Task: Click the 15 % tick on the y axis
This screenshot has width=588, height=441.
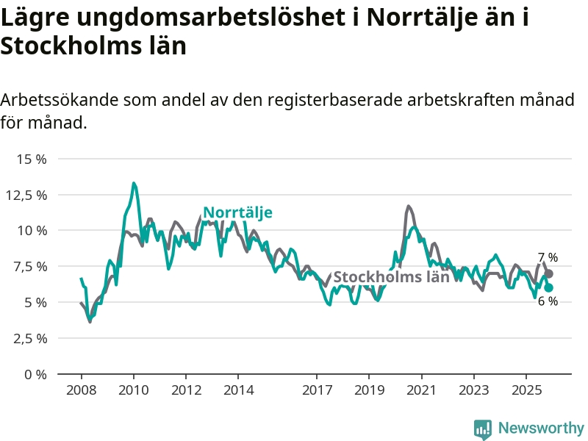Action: click(x=32, y=159)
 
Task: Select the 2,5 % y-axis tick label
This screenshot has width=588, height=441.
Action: click(x=30, y=338)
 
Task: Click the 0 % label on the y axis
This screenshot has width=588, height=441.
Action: click(x=35, y=374)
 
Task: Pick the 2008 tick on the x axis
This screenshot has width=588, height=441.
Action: click(x=81, y=389)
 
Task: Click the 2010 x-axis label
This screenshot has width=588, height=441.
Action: click(x=133, y=389)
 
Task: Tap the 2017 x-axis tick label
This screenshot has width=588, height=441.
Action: click(x=317, y=389)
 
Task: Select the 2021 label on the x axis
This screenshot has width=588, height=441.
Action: click(x=421, y=389)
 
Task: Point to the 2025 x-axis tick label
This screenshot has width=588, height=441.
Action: click(x=526, y=389)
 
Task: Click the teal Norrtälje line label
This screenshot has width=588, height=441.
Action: click(x=237, y=213)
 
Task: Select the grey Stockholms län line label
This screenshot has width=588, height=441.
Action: click(x=391, y=277)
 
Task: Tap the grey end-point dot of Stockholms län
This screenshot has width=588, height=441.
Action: click(x=548, y=273)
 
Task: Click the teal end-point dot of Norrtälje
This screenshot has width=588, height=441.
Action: click(x=548, y=288)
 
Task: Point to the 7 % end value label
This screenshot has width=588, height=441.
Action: click(x=548, y=257)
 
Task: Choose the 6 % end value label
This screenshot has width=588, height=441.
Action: click(x=548, y=301)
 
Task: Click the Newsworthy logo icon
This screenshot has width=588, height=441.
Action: click(x=482, y=429)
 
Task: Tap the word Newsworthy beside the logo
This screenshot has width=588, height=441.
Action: click(x=540, y=428)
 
